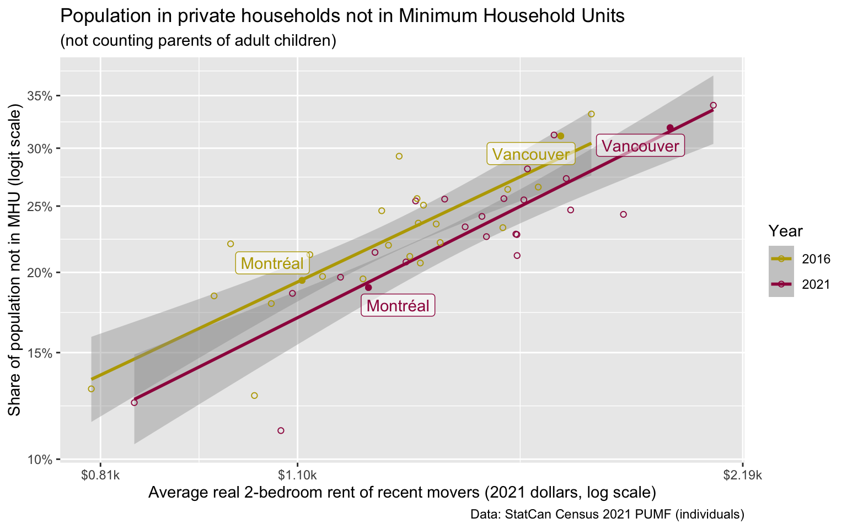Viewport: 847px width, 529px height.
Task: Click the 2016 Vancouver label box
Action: click(x=530, y=154)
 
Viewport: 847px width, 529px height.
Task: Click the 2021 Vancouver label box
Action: click(x=640, y=146)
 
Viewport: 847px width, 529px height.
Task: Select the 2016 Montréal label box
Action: click(x=272, y=263)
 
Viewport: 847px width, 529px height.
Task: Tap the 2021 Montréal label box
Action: click(x=398, y=305)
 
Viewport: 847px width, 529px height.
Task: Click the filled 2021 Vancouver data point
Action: click(x=670, y=128)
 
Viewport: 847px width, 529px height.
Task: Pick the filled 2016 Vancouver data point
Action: click(x=560, y=136)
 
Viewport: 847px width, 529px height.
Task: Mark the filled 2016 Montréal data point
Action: click(x=302, y=280)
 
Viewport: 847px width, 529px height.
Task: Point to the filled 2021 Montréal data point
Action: click(x=368, y=288)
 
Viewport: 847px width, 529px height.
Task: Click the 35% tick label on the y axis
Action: click(x=40, y=96)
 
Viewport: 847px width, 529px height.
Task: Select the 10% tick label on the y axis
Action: click(x=40, y=460)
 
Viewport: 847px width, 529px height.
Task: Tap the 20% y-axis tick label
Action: click(x=40, y=273)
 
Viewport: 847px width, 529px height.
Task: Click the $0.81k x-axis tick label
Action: click(x=100, y=474)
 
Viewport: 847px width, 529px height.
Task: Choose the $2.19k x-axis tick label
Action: click(x=743, y=474)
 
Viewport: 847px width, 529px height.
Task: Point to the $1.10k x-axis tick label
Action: click(x=297, y=474)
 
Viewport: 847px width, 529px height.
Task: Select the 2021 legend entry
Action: click(x=800, y=284)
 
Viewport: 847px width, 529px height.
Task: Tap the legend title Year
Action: click(x=785, y=231)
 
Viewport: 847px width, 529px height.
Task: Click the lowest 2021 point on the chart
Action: click(x=281, y=430)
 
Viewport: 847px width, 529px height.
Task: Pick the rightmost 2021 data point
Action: click(x=713, y=105)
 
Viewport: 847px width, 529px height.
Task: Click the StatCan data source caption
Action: click(x=607, y=515)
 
